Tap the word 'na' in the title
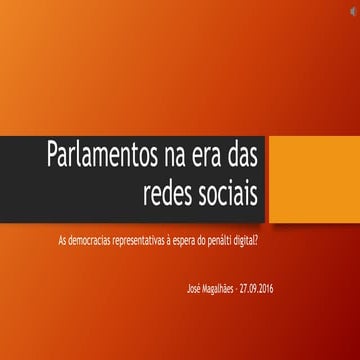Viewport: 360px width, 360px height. coord(176,156)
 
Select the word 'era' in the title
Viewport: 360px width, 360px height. coord(210,156)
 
